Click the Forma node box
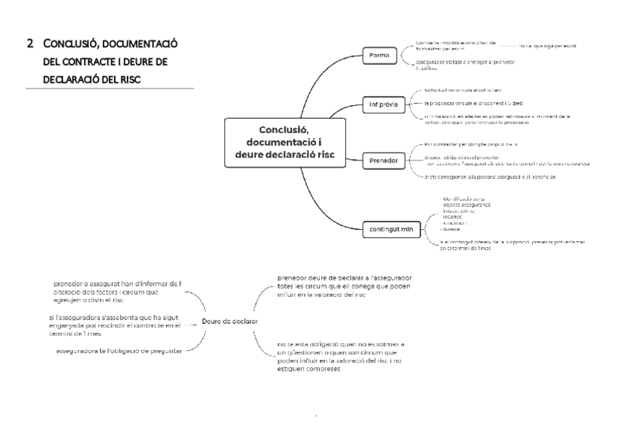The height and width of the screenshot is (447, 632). point(384,55)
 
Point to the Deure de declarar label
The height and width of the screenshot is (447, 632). point(230,321)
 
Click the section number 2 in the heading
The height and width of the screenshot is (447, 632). point(30,43)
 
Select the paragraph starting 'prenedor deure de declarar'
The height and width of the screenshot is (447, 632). point(343,286)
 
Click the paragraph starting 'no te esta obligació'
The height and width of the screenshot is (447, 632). point(340,357)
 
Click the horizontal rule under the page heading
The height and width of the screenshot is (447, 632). point(110,90)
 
